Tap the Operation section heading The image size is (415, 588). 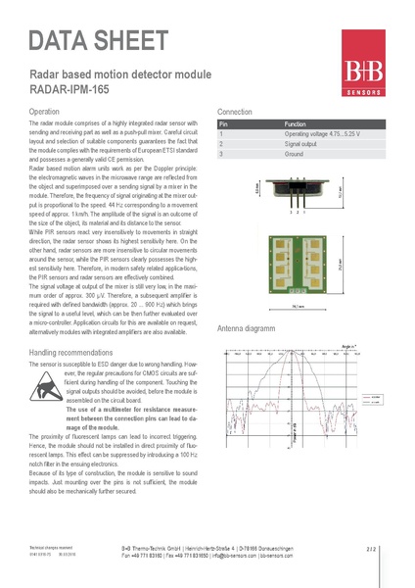click(46, 112)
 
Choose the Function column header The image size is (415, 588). click(295, 125)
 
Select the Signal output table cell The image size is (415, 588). click(302, 144)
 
